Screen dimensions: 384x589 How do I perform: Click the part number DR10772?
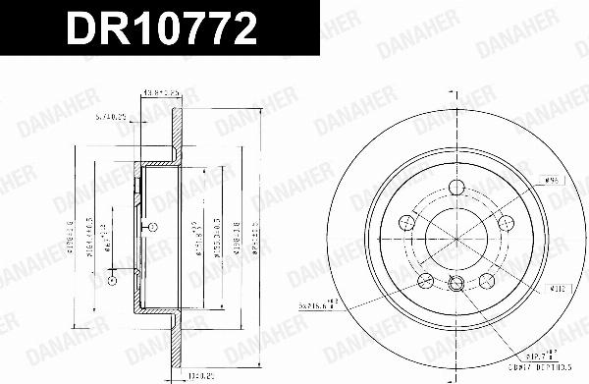[x=163, y=28]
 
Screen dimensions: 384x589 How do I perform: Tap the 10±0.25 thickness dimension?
[x=201, y=373]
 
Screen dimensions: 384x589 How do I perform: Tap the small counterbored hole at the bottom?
[x=454, y=286]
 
